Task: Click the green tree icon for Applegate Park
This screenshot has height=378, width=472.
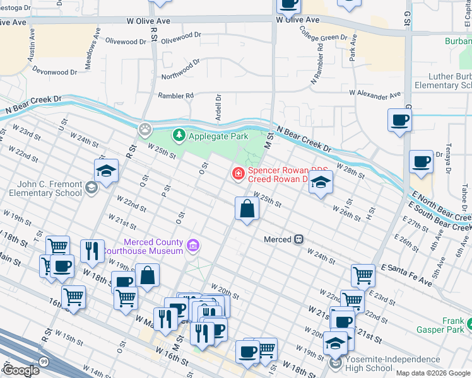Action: click(179, 135)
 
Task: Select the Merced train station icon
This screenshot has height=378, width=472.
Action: click(299, 239)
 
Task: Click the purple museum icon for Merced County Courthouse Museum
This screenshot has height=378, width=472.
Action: click(193, 244)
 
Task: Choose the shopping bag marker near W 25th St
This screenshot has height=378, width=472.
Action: click(247, 209)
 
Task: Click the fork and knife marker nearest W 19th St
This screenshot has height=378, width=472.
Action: click(92, 251)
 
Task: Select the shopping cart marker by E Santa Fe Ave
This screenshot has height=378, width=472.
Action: click(363, 275)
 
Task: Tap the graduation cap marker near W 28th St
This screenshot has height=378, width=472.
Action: click(321, 183)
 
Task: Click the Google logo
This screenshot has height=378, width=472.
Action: click(20, 370)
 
